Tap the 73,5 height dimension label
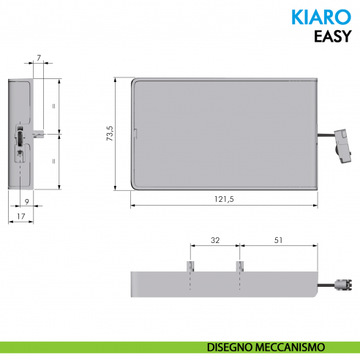point(109,134)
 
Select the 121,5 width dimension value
point(223,200)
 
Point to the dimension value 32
point(214,240)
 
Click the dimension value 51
point(280,240)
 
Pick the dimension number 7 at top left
point(38,56)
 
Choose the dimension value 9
point(26,201)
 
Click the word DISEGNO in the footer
point(224,346)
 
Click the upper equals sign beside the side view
point(54,105)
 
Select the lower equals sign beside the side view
point(54,161)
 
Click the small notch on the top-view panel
point(137,134)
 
